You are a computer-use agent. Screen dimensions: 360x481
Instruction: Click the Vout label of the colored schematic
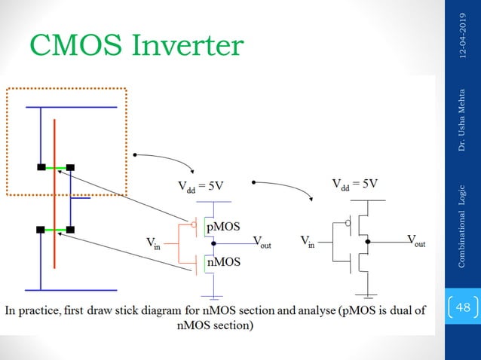click(x=263, y=243)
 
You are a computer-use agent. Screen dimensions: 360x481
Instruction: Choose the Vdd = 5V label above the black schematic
click(x=354, y=183)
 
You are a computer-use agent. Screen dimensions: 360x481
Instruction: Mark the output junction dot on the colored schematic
click(x=214, y=244)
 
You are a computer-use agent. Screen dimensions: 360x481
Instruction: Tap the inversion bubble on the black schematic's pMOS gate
click(x=348, y=224)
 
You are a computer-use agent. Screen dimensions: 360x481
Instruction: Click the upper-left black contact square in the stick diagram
click(x=41, y=167)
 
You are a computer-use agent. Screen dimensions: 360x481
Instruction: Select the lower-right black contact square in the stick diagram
click(x=70, y=229)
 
